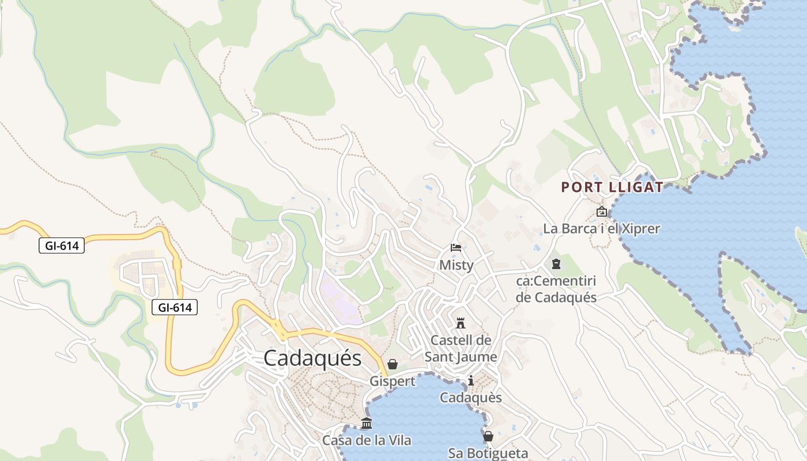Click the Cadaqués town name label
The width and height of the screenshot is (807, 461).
[312, 358]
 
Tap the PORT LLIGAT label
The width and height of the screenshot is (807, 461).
[612, 187]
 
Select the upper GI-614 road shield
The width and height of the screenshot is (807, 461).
[62, 246]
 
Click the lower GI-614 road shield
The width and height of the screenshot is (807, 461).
[175, 308]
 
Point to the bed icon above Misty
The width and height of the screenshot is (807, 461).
[456, 248]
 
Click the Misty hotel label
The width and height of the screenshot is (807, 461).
[456, 265]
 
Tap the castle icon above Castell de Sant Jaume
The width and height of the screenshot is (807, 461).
[460, 323]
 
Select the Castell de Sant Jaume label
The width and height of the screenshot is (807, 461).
[461, 349]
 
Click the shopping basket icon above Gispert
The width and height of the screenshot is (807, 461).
[393, 364]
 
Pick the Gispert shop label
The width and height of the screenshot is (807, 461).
[393, 381]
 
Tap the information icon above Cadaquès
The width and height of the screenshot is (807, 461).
[471, 380]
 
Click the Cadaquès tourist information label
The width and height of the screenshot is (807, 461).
[471, 398]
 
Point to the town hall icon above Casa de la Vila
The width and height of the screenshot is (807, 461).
[367, 424]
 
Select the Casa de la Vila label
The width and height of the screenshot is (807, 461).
[367, 441]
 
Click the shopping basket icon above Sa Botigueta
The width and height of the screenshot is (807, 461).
[488, 436]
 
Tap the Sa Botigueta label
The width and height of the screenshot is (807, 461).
[488, 453]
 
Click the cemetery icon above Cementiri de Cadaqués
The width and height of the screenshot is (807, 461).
[556, 264]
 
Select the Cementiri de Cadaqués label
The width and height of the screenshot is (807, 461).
[556, 289]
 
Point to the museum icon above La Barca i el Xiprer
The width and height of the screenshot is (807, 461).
[602, 212]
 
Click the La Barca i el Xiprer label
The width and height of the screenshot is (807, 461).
[602, 229]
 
